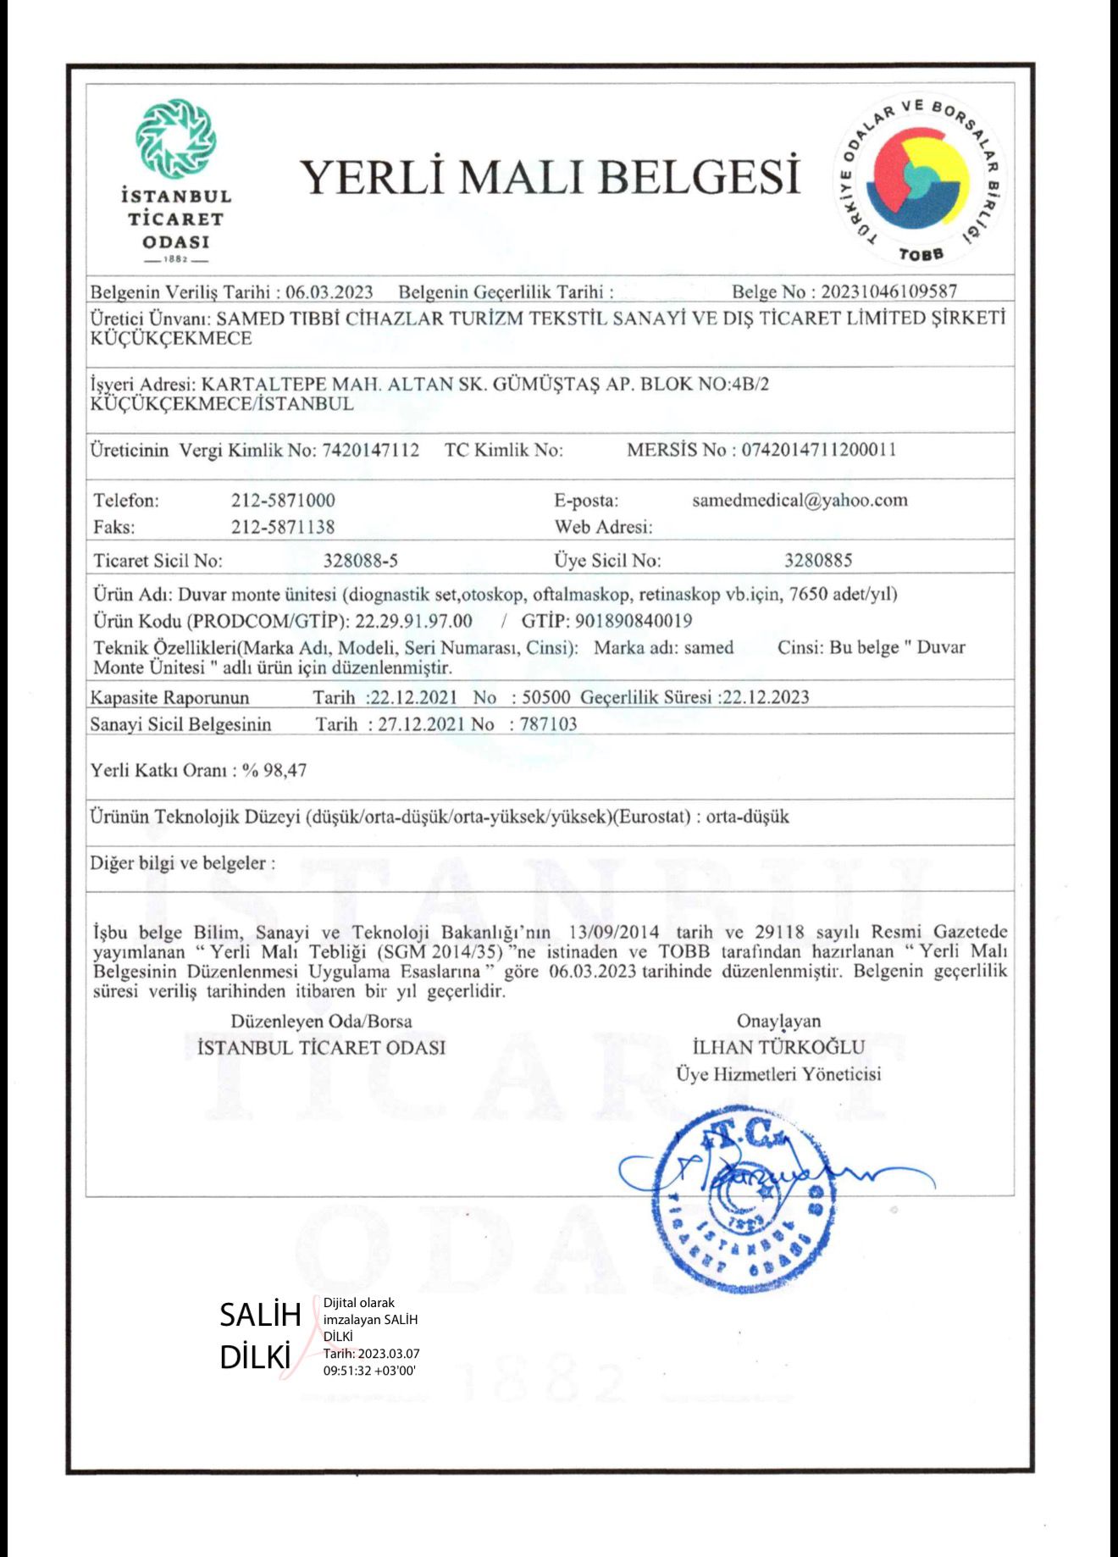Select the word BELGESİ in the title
(x=702, y=177)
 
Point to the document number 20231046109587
(x=889, y=291)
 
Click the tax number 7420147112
(x=370, y=450)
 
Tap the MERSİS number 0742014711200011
(x=819, y=450)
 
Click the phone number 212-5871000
(x=283, y=501)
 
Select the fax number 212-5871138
(x=283, y=527)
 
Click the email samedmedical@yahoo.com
(x=800, y=500)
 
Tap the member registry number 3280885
(x=818, y=560)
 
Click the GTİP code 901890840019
(x=634, y=621)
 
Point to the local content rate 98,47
(x=285, y=770)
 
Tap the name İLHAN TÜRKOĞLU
(x=778, y=1047)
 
